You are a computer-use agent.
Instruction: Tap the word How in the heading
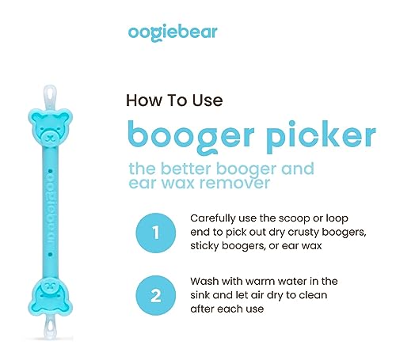coord(144,100)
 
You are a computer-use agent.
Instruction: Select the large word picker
coord(314,135)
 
